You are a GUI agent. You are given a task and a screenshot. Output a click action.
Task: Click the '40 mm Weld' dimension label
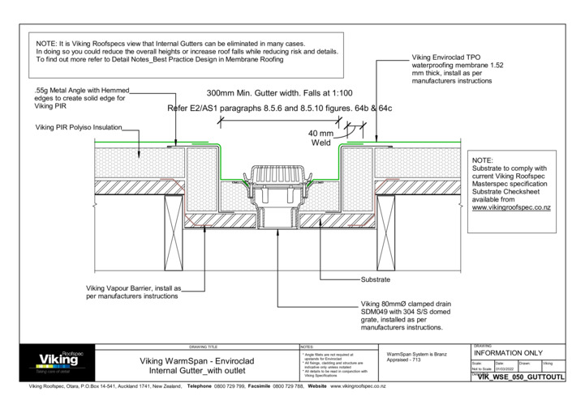[x=321, y=138]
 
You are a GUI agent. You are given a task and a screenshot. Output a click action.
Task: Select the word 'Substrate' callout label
[x=377, y=279]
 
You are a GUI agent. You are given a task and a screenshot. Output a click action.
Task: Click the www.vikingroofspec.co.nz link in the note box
[x=513, y=208]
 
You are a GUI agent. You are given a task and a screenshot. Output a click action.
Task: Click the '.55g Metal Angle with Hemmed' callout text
[x=81, y=91]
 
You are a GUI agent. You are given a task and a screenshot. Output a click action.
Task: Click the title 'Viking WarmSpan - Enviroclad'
[x=199, y=360]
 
